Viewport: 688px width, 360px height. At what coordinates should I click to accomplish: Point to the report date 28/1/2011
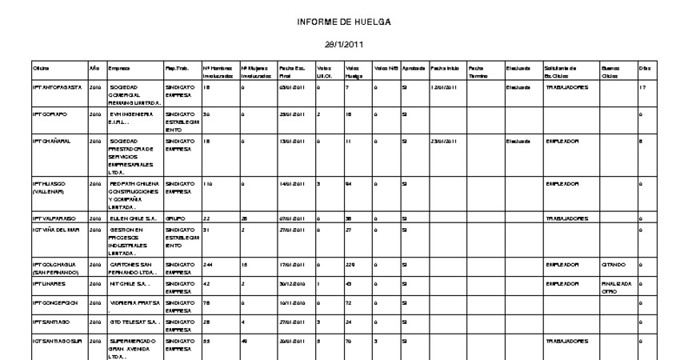(344, 47)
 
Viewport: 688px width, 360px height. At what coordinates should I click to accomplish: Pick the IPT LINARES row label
(46, 284)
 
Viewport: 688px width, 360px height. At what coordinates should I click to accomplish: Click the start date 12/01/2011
(443, 87)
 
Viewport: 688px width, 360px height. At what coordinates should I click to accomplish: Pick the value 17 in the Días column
(642, 87)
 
